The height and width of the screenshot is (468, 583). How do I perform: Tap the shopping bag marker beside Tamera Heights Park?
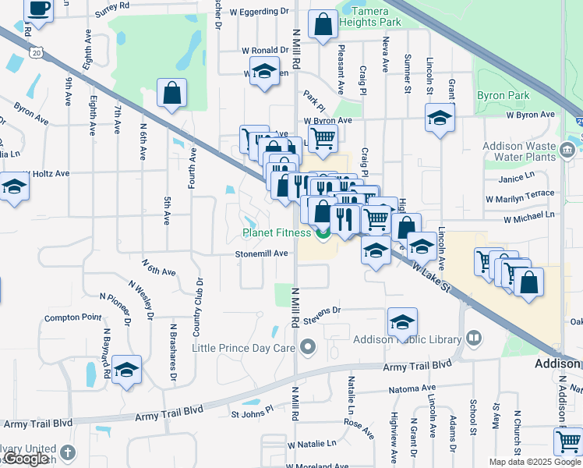click(x=323, y=25)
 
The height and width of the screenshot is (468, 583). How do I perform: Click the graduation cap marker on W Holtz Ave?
click(x=13, y=187)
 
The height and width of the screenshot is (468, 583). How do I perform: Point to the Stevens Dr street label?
click(x=323, y=310)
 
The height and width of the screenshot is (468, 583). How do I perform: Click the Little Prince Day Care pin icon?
click(x=309, y=346)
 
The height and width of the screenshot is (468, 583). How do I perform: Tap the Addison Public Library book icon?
click(x=473, y=338)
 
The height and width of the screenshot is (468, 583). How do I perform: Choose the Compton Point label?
click(x=72, y=317)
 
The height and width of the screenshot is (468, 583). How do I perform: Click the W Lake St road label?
click(x=432, y=277)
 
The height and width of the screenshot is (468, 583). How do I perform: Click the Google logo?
click(x=26, y=459)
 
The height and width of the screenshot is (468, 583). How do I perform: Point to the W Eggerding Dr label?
click(x=263, y=12)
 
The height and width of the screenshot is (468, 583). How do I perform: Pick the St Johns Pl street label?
click(x=252, y=409)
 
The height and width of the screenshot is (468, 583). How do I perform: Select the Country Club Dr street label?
click(x=200, y=302)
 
